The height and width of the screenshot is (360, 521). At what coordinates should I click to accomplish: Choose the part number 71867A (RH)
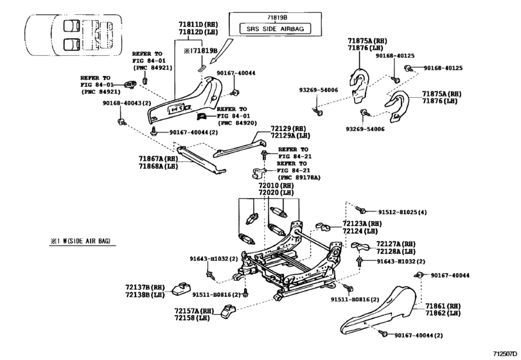[157, 157]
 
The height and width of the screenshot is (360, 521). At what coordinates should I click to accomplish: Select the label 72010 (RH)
[276, 185]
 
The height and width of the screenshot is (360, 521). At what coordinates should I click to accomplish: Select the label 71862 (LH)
[445, 313]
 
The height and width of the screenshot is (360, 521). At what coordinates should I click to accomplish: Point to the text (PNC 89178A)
[298, 177]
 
